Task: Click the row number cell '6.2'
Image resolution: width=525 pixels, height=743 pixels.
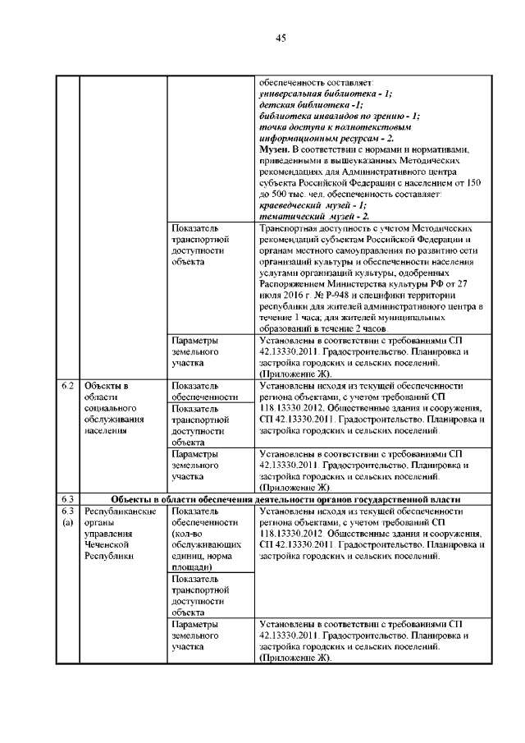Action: click(68, 384)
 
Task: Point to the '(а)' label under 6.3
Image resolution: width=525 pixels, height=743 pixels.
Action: click(68, 521)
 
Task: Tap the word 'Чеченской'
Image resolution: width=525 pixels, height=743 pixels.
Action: click(107, 543)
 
